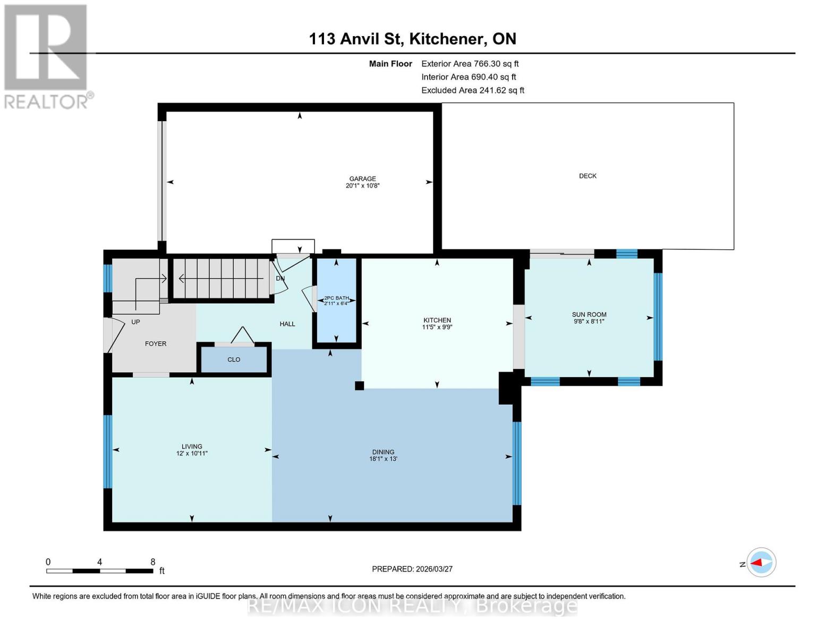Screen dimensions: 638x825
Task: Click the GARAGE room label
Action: [x=362, y=179]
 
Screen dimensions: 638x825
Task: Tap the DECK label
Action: [x=588, y=176]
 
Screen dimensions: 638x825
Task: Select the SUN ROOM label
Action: [x=589, y=314]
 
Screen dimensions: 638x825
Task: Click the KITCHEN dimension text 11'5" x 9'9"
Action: [x=437, y=328]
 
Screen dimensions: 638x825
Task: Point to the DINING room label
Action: [x=383, y=452]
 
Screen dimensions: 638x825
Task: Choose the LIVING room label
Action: [x=192, y=447]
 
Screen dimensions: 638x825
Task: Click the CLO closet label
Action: [x=234, y=359]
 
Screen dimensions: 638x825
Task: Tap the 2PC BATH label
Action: [x=336, y=298]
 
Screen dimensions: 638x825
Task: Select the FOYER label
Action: [x=156, y=344]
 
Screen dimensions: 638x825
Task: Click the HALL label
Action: [x=287, y=324]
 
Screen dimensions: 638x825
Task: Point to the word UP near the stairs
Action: [x=135, y=322]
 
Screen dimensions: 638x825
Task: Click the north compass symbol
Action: [x=761, y=563]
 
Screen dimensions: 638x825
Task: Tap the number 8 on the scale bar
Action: [x=153, y=562]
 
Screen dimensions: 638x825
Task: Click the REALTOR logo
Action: [x=47, y=56]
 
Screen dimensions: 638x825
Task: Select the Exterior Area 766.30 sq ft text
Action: [x=470, y=64]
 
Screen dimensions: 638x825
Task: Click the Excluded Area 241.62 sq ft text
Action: [x=472, y=90]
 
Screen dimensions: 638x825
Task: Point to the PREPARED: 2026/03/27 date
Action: [x=412, y=569]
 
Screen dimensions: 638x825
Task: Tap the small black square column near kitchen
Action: [x=360, y=386]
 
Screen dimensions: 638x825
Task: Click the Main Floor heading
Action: [x=390, y=64]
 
